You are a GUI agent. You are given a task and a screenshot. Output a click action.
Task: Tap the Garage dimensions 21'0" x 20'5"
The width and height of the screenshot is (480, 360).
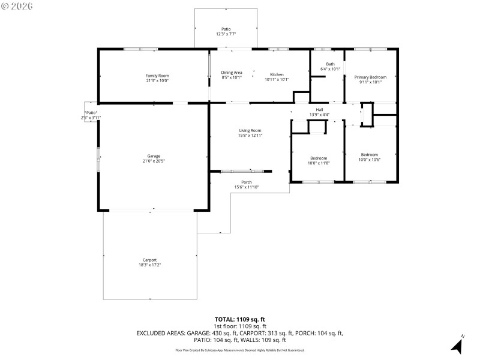coord(154,161)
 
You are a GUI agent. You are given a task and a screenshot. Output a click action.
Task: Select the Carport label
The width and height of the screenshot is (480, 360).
coord(150,259)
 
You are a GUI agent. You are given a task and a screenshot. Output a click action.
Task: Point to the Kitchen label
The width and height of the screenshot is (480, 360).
coord(277,74)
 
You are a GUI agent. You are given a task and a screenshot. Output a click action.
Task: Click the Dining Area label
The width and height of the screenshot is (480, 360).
coord(232,72)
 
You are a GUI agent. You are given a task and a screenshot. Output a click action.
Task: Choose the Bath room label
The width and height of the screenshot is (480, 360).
coord(330,64)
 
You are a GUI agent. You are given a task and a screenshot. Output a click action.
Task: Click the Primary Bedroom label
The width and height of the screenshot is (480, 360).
coord(370,77)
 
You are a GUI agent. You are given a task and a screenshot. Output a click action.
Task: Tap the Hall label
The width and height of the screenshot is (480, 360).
coord(319,109)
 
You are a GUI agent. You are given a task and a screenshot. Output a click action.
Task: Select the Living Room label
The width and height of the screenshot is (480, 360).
coord(250,130)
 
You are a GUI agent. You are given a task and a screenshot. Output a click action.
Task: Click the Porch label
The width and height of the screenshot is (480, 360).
coord(247,182)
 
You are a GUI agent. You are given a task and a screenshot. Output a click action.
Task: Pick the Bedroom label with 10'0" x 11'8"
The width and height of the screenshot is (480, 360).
coord(318,158)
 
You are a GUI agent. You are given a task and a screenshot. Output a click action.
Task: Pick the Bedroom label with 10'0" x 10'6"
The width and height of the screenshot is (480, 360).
coord(370,154)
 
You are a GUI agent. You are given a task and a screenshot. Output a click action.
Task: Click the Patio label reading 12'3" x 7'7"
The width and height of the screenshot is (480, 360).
coord(226,29)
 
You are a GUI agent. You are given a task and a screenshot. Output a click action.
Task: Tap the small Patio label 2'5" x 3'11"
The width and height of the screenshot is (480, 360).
coord(91,112)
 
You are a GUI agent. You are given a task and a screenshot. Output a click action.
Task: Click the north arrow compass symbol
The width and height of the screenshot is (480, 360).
coord(457,345)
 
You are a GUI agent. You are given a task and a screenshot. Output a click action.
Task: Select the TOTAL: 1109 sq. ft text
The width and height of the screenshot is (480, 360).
coord(239,319)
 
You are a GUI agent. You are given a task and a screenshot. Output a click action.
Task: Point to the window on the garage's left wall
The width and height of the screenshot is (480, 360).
coord(99,161)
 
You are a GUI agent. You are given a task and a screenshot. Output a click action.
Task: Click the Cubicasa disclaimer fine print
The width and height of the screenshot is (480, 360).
coord(239,350)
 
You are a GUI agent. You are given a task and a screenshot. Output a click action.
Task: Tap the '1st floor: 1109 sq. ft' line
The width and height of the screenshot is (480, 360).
coord(239,326)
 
